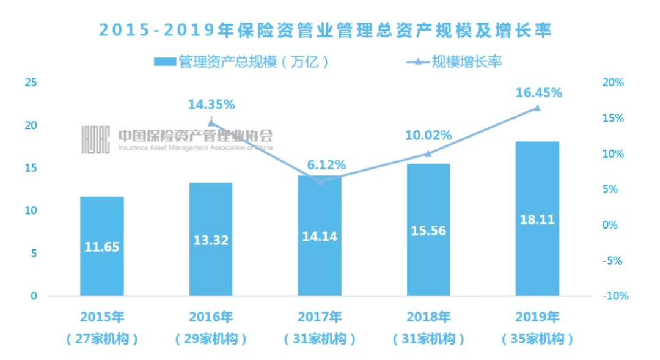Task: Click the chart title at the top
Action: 325,30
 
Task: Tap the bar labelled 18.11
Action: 538,219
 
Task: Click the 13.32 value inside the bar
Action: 211,240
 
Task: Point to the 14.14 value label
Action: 320,235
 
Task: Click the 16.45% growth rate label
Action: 538,93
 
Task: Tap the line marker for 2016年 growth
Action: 211,122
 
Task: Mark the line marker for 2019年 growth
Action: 538,108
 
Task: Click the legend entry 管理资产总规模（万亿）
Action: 242,62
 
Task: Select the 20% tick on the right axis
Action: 612,83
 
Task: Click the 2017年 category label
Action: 320,317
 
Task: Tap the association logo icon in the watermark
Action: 96,139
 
